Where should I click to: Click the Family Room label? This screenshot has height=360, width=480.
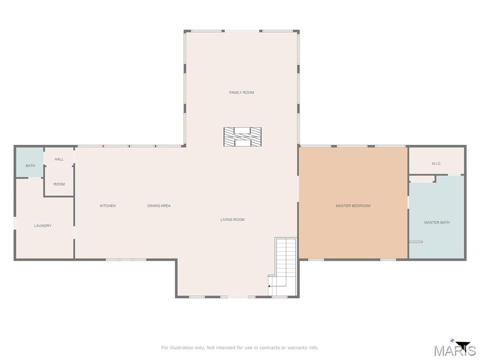click(x=241, y=92)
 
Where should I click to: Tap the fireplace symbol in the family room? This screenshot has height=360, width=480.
click(x=242, y=136)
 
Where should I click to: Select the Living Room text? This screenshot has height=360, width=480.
click(x=232, y=219)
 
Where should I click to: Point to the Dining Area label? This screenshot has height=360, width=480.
click(x=159, y=206)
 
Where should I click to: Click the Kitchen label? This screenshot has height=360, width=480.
click(x=108, y=206)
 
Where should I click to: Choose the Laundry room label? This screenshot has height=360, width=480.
click(x=43, y=226)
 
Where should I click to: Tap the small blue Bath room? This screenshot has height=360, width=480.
click(x=30, y=163)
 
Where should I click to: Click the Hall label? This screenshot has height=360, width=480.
click(x=59, y=159)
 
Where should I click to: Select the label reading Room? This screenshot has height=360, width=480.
click(x=59, y=184)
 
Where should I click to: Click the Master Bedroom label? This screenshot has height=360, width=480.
click(x=353, y=206)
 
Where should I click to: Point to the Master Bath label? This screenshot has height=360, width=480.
click(x=437, y=223)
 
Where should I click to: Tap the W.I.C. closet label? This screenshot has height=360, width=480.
click(x=436, y=164)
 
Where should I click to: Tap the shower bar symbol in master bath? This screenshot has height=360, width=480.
click(x=415, y=242)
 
